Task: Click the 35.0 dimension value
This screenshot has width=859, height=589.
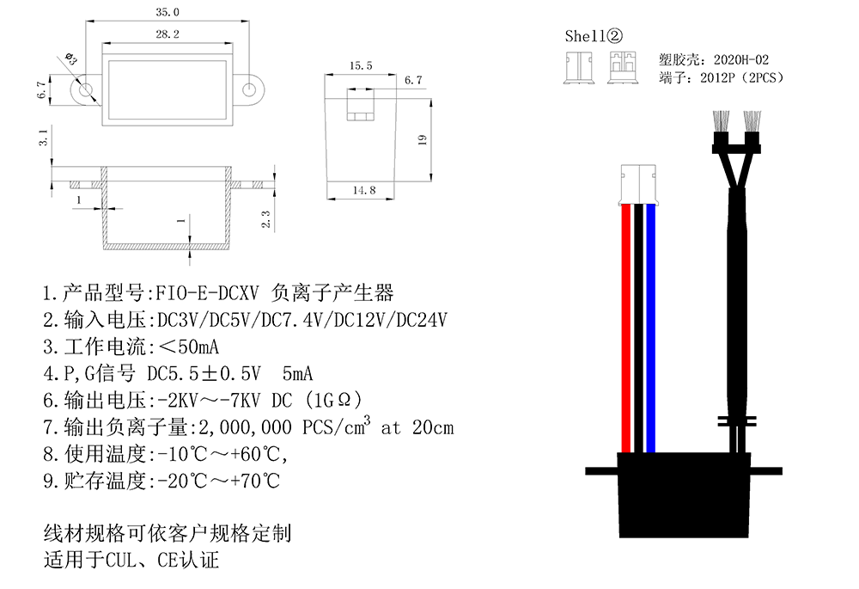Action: pos(168,12)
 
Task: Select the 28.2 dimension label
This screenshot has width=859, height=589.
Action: pos(168,34)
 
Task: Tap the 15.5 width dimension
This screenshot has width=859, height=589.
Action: pos(361,66)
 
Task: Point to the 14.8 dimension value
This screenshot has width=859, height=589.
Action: pos(363,190)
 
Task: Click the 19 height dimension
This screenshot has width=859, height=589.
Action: pos(422,140)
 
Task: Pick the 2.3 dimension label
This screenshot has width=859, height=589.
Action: pos(265,219)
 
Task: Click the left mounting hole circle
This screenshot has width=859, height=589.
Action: pos(85,89)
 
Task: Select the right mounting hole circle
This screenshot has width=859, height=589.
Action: pos(249,89)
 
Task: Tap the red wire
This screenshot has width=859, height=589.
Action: pos(626,328)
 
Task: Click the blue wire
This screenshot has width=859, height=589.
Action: pos(650,328)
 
